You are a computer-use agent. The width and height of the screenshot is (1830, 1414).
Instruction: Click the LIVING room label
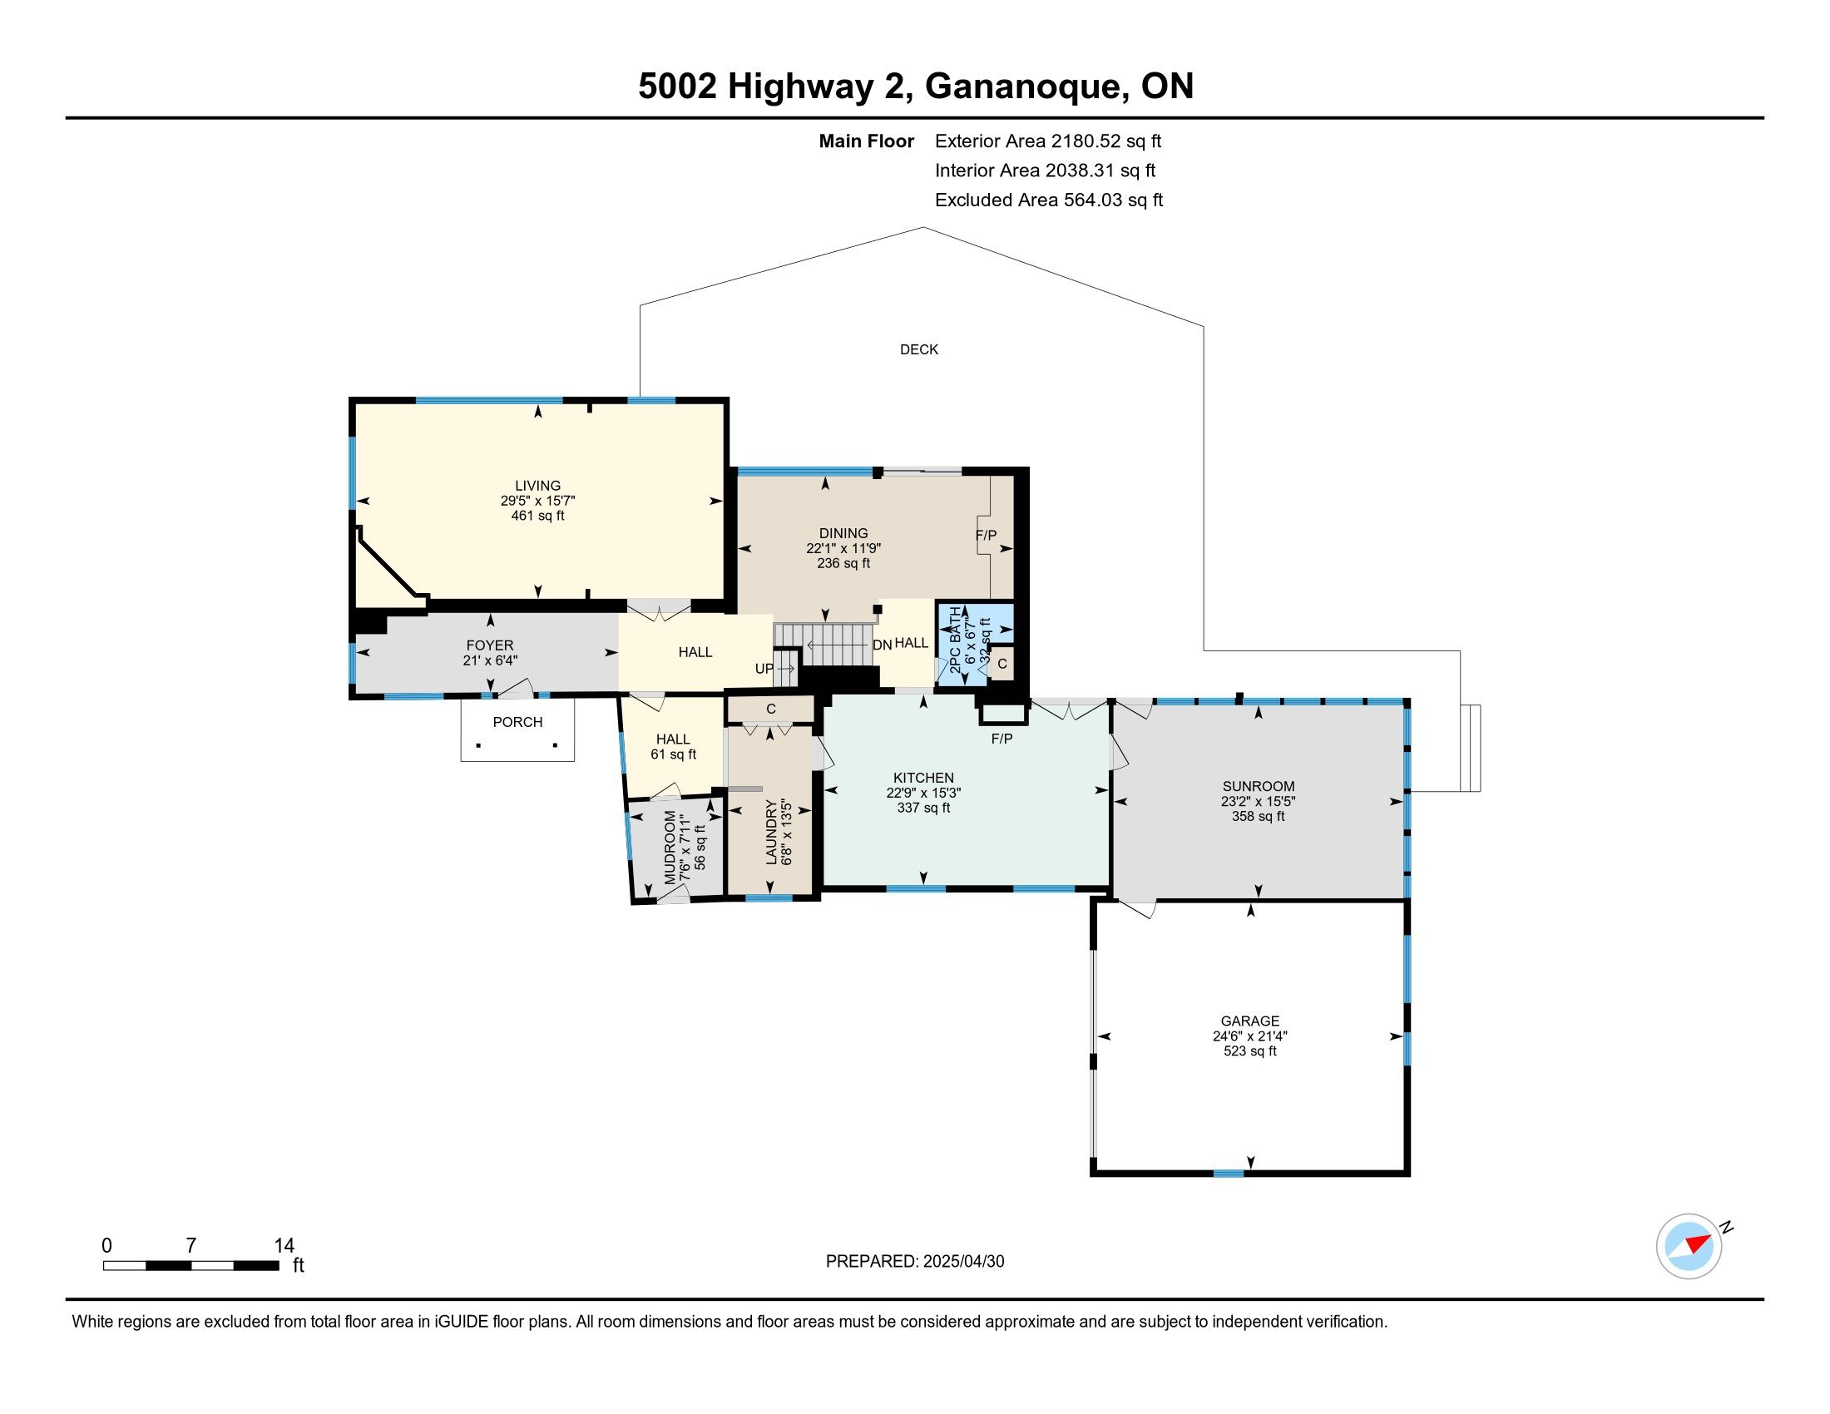click(538, 486)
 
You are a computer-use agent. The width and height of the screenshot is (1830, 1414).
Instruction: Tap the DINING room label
click(843, 534)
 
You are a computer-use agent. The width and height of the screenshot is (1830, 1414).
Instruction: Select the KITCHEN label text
click(923, 779)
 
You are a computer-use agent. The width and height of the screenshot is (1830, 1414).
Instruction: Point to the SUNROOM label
click(1258, 787)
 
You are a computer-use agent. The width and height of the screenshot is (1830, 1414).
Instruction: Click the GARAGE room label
click(1250, 1021)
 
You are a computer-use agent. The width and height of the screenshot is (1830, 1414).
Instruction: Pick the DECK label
click(919, 350)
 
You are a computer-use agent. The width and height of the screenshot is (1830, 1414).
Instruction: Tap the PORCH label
click(518, 722)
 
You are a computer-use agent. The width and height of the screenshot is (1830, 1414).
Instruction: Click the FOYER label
click(490, 645)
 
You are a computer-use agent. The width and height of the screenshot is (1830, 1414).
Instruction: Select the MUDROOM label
click(670, 848)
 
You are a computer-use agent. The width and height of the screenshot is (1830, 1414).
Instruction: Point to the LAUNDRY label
click(771, 832)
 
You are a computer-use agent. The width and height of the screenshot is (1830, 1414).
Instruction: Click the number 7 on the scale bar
click(191, 1246)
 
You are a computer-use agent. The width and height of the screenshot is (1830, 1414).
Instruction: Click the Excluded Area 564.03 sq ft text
click(1049, 200)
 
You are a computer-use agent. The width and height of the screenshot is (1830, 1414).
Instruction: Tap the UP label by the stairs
click(764, 670)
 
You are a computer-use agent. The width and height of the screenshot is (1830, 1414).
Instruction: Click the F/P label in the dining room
click(987, 536)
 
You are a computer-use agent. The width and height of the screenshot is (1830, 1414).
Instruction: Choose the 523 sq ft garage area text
click(1250, 1051)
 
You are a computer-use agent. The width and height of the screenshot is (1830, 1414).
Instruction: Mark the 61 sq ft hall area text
click(674, 754)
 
